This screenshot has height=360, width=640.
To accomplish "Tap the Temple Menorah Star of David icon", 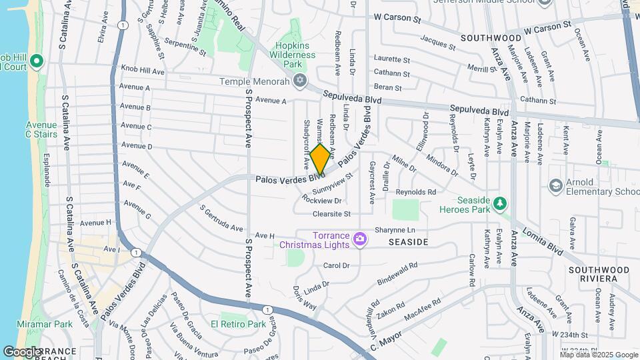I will point(300,81).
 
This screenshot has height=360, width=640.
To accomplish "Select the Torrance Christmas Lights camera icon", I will point(360,238).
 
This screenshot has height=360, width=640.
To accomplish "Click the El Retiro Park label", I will point(238,325).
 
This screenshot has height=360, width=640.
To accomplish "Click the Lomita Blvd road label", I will point(547,239).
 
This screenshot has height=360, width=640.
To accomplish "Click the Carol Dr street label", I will point(336,265).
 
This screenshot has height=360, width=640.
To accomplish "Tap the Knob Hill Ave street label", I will point(142,70).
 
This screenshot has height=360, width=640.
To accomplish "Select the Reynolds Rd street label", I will point(415,192).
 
